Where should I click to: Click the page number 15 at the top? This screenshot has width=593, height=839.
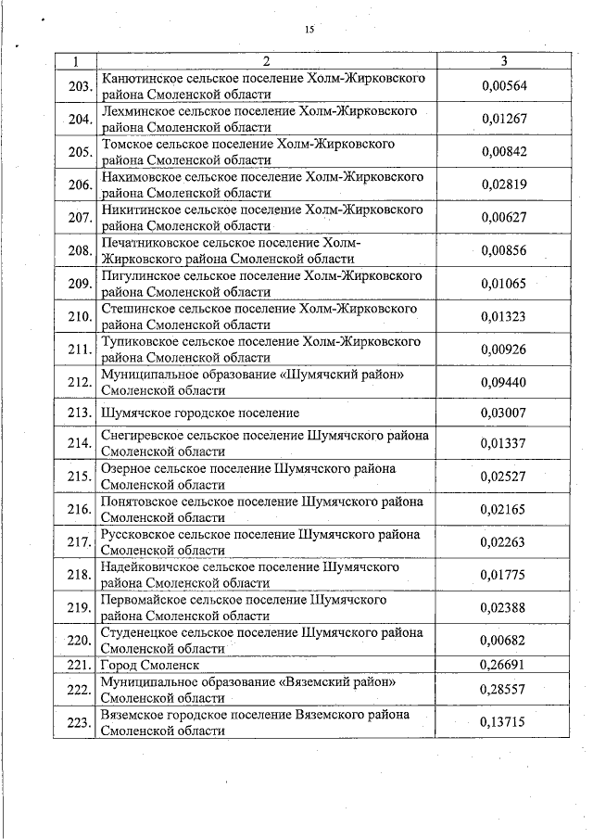[309, 30]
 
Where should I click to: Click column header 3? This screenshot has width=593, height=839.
[503, 61]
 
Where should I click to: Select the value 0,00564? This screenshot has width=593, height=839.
[503, 86]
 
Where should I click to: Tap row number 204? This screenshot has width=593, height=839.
[79, 120]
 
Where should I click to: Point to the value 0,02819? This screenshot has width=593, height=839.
[503, 184]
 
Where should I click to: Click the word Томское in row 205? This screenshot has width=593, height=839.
[133, 145]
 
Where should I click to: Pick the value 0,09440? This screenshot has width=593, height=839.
[503, 381]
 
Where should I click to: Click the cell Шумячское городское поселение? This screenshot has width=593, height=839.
[199, 412]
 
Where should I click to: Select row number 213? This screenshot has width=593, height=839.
[79, 413]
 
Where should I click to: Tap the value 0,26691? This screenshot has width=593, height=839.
[503, 665]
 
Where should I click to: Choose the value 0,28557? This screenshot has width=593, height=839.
[503, 690]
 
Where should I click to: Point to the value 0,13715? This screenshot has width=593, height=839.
[503, 722]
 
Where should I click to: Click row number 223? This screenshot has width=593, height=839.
[79, 723]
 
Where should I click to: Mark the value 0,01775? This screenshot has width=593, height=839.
[503, 575]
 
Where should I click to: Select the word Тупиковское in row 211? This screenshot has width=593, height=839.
[142, 341]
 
